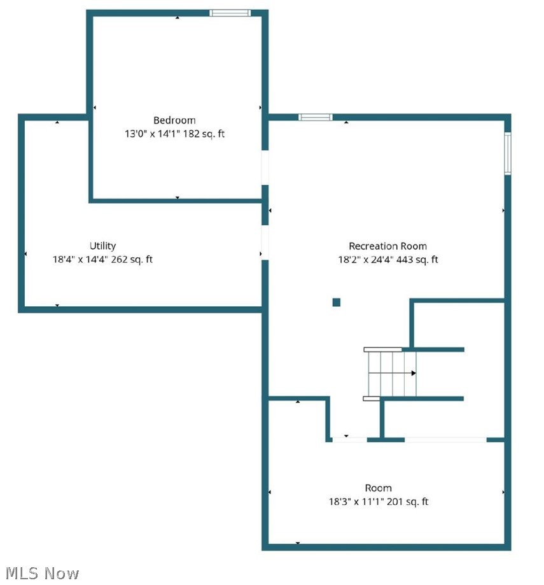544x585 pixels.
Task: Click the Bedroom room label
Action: point(174,120)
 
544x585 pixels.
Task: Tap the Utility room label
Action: point(102,246)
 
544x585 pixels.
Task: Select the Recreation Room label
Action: point(387,246)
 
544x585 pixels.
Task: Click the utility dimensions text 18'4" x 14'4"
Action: point(83,260)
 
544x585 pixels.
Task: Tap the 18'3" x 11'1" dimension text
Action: point(354,502)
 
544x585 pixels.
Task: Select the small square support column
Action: point(337,302)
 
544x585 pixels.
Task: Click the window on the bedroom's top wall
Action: point(230,13)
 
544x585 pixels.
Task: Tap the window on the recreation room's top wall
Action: point(316,117)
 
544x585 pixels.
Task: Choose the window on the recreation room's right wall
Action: point(508,153)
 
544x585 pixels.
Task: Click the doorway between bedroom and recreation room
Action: point(265,167)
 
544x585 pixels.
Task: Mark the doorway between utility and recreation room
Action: point(265,243)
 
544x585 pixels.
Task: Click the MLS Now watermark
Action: point(40,573)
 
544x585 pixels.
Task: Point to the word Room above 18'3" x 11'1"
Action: point(378,488)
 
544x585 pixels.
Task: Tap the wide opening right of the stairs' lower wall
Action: point(445,439)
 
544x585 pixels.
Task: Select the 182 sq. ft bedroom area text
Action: point(204,134)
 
